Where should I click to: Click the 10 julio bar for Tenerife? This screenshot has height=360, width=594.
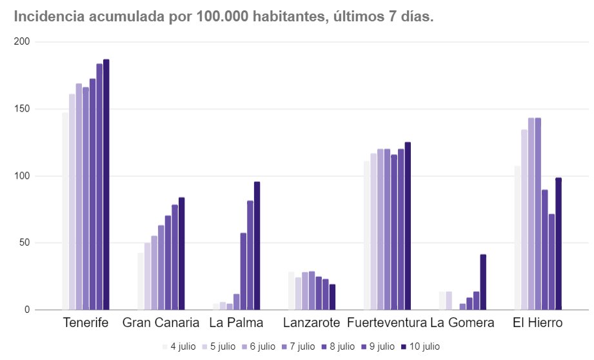(x=106, y=185)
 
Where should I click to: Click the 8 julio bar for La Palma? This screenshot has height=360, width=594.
(x=243, y=271)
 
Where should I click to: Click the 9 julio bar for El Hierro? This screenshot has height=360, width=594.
(x=551, y=262)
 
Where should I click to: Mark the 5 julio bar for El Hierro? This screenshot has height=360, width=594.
(x=524, y=219)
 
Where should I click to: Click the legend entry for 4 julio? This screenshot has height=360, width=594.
(x=178, y=346)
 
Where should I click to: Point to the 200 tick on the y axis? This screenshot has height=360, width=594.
(x=23, y=42)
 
